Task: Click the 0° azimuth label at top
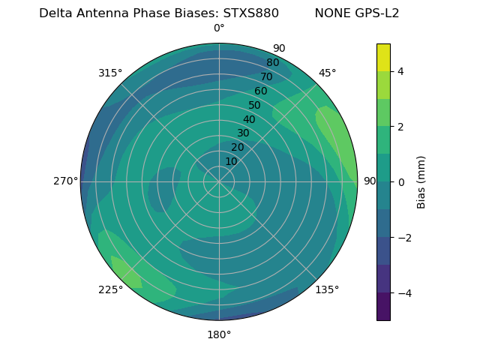click(x=219, y=28)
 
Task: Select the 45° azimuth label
click(x=327, y=73)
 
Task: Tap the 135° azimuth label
click(x=327, y=289)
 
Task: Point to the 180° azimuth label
click(x=219, y=334)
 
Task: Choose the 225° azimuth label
click(x=110, y=289)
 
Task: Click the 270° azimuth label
click(x=65, y=181)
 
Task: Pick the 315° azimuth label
click(x=110, y=73)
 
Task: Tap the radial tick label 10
click(x=231, y=161)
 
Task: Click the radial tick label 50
click(x=255, y=105)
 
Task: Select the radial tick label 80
click(x=272, y=63)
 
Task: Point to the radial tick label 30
click(x=243, y=133)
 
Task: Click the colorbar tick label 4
click(x=401, y=71)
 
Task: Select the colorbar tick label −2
click(x=401, y=238)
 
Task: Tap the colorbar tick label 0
click(x=401, y=182)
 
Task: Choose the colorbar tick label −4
click(x=401, y=293)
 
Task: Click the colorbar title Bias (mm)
click(x=421, y=181)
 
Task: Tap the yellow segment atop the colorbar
click(x=383, y=57)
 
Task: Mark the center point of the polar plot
click(x=219, y=181)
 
